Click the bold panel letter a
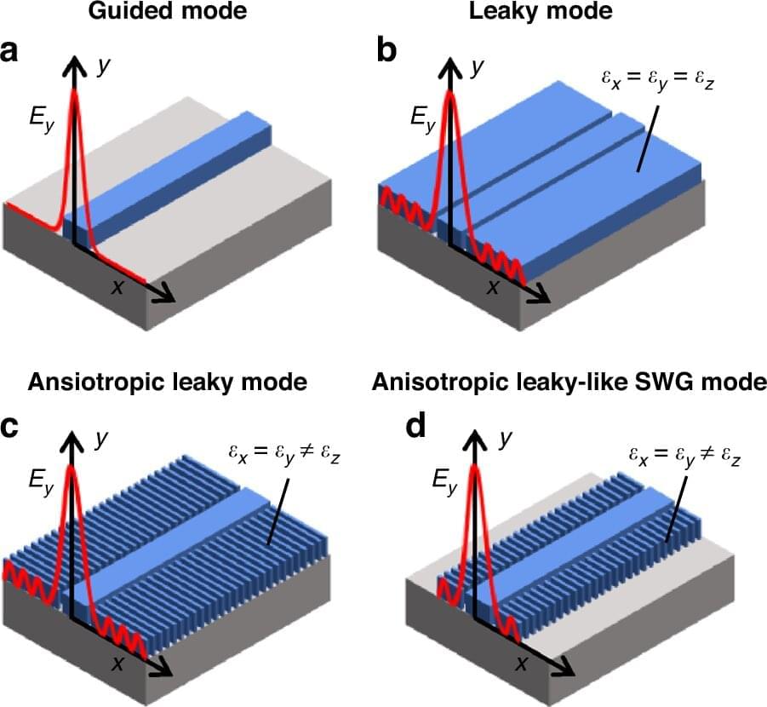tap(12, 53)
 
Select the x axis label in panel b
tap(492, 286)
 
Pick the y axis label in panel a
tap(104, 68)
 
